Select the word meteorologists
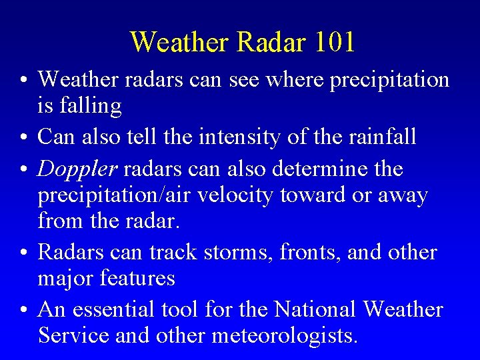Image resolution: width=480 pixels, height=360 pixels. pyautogui.click(x=284, y=335)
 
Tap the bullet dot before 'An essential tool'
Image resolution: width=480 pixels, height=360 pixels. pyautogui.click(x=23, y=311)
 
